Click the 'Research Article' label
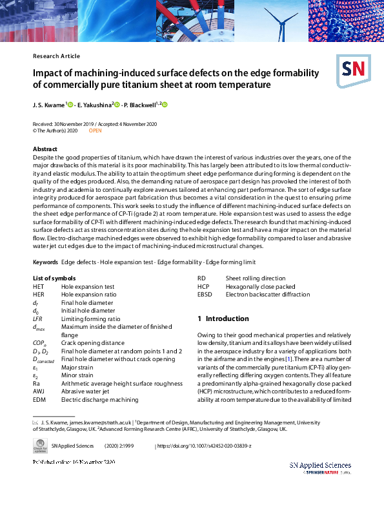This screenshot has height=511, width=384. (56, 56)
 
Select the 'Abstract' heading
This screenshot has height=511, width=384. (45, 149)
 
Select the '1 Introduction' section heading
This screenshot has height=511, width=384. (223, 318)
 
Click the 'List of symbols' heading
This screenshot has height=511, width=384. (55, 278)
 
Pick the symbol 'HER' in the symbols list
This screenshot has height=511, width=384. (39, 294)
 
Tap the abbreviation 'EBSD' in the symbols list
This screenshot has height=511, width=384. (205, 294)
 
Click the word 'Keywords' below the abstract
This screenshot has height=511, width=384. (45, 262)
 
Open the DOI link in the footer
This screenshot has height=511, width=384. (205, 446)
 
